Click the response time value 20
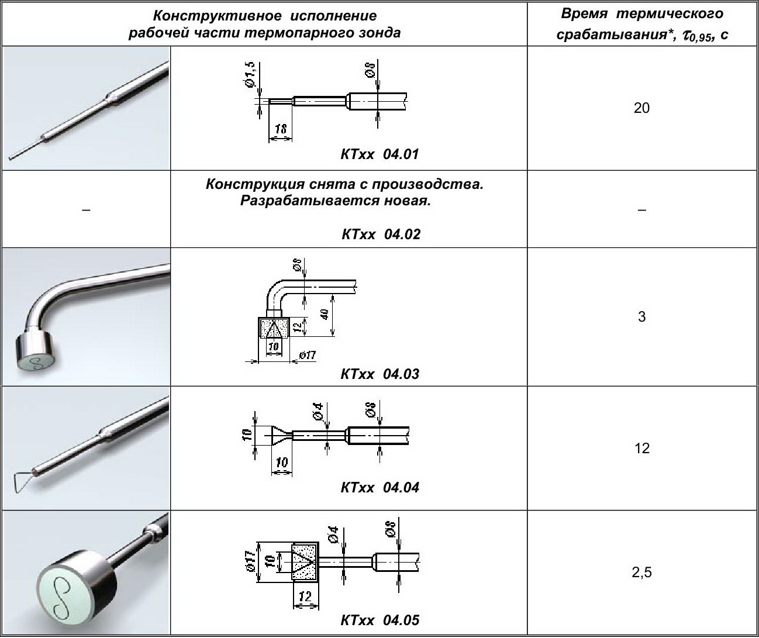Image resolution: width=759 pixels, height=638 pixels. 641,108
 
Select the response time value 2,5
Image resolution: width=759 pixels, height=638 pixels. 641,573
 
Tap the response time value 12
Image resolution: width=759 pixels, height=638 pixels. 642,448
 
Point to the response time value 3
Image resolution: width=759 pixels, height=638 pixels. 642,316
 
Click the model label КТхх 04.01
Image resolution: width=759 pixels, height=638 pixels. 379,154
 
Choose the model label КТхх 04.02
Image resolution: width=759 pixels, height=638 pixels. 381,234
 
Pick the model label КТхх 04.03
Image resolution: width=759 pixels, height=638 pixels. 379,374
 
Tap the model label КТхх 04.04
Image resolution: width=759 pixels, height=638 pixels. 379,487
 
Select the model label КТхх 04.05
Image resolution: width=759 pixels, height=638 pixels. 379,620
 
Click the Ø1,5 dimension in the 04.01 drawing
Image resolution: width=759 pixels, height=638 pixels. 250,74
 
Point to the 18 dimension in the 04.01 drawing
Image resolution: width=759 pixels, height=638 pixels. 280,129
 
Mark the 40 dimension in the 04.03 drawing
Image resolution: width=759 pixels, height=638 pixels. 325,314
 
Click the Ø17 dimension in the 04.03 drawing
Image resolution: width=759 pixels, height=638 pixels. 307,355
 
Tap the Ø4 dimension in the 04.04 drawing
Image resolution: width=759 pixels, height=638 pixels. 318,411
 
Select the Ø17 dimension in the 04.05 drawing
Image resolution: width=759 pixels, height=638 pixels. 250,561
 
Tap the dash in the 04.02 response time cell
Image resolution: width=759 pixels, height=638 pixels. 641,210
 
